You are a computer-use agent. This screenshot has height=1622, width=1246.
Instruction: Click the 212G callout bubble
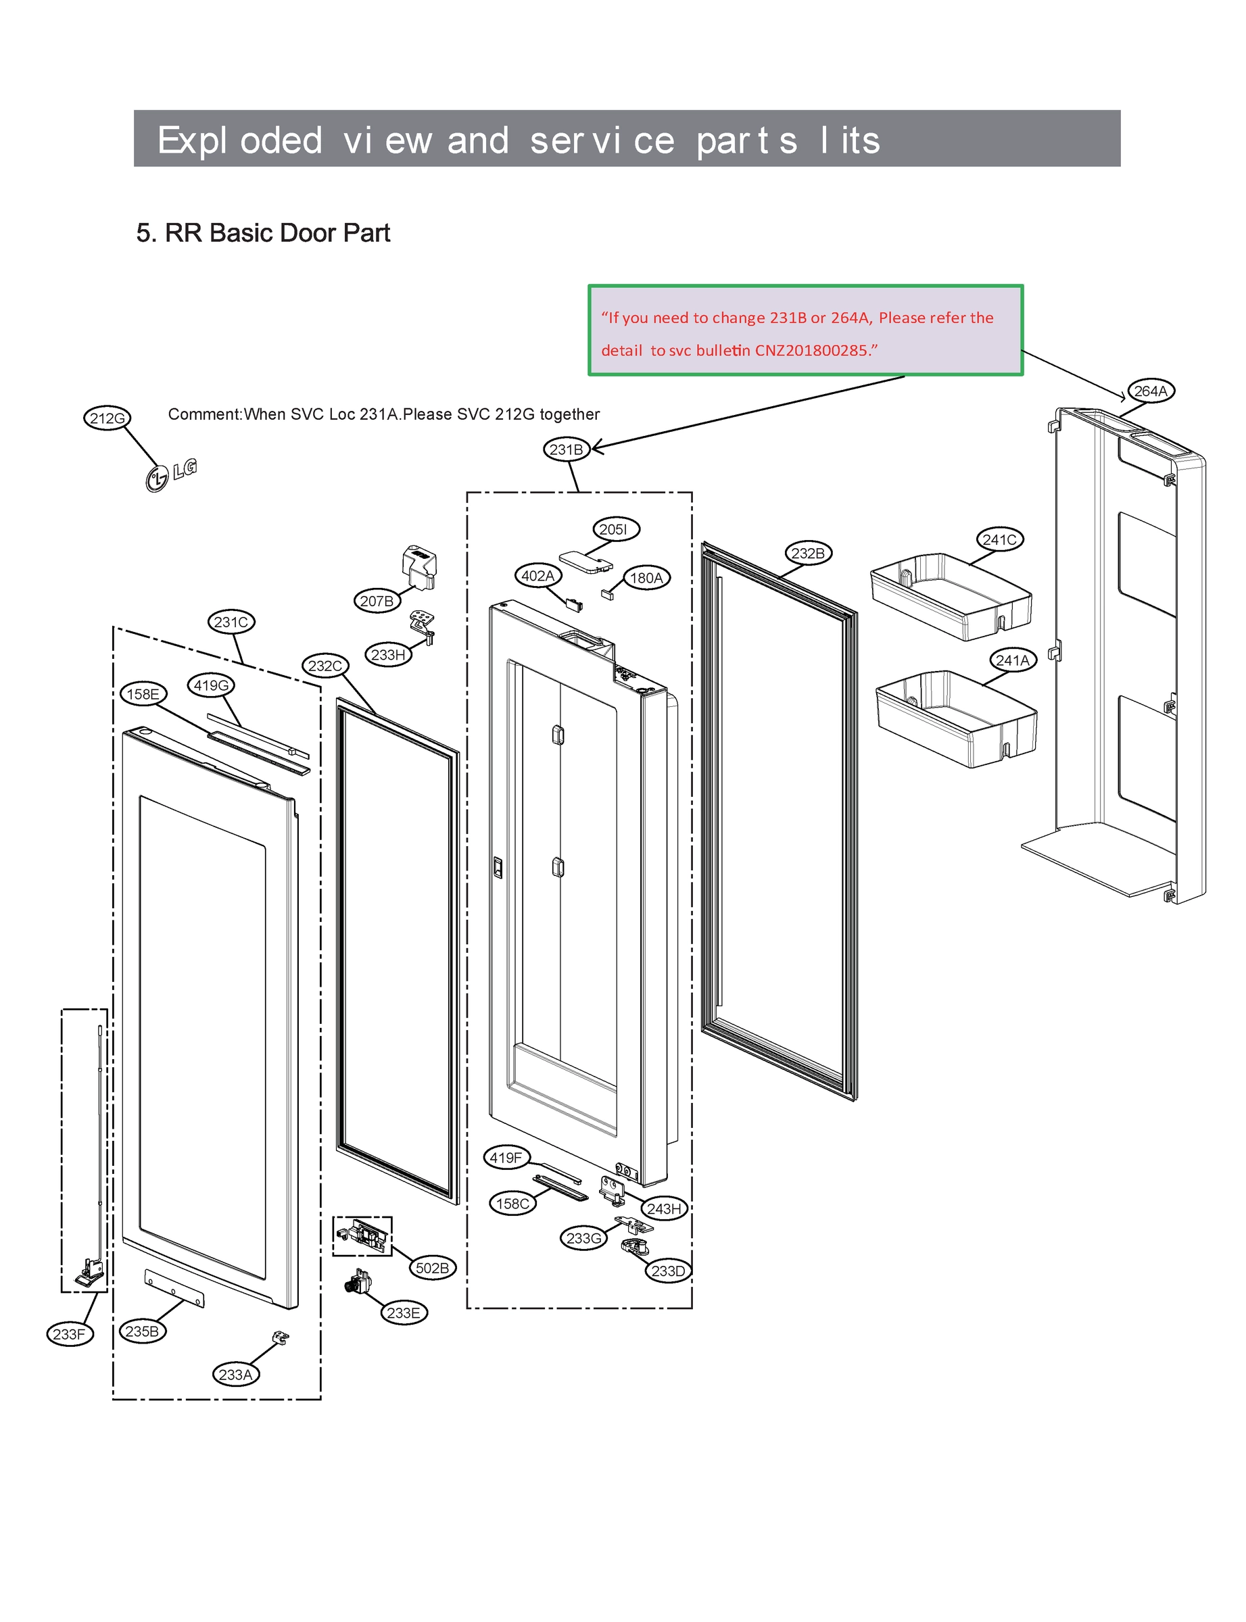click(107, 418)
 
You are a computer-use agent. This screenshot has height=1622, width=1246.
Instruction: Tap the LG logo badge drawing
click(170, 474)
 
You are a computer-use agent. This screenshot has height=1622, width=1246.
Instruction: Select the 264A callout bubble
click(1150, 391)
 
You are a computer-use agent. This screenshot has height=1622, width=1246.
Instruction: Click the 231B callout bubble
click(567, 449)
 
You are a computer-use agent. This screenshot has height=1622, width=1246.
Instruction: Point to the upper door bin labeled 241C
click(950, 597)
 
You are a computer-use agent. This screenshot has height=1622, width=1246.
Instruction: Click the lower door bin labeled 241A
click(956, 718)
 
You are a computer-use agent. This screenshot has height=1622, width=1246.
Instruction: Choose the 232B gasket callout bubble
click(808, 553)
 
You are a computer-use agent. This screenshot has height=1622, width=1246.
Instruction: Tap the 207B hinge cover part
click(419, 568)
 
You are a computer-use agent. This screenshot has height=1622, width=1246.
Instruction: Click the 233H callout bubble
click(388, 655)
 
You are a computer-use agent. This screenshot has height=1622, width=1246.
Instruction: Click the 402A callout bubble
click(537, 575)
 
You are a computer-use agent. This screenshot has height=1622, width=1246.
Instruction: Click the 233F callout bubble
click(69, 1334)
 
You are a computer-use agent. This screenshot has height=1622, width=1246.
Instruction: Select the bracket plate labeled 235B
click(174, 1288)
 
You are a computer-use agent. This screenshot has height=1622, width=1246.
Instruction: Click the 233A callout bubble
click(235, 1375)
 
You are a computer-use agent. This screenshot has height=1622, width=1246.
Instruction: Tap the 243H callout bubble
click(664, 1208)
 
